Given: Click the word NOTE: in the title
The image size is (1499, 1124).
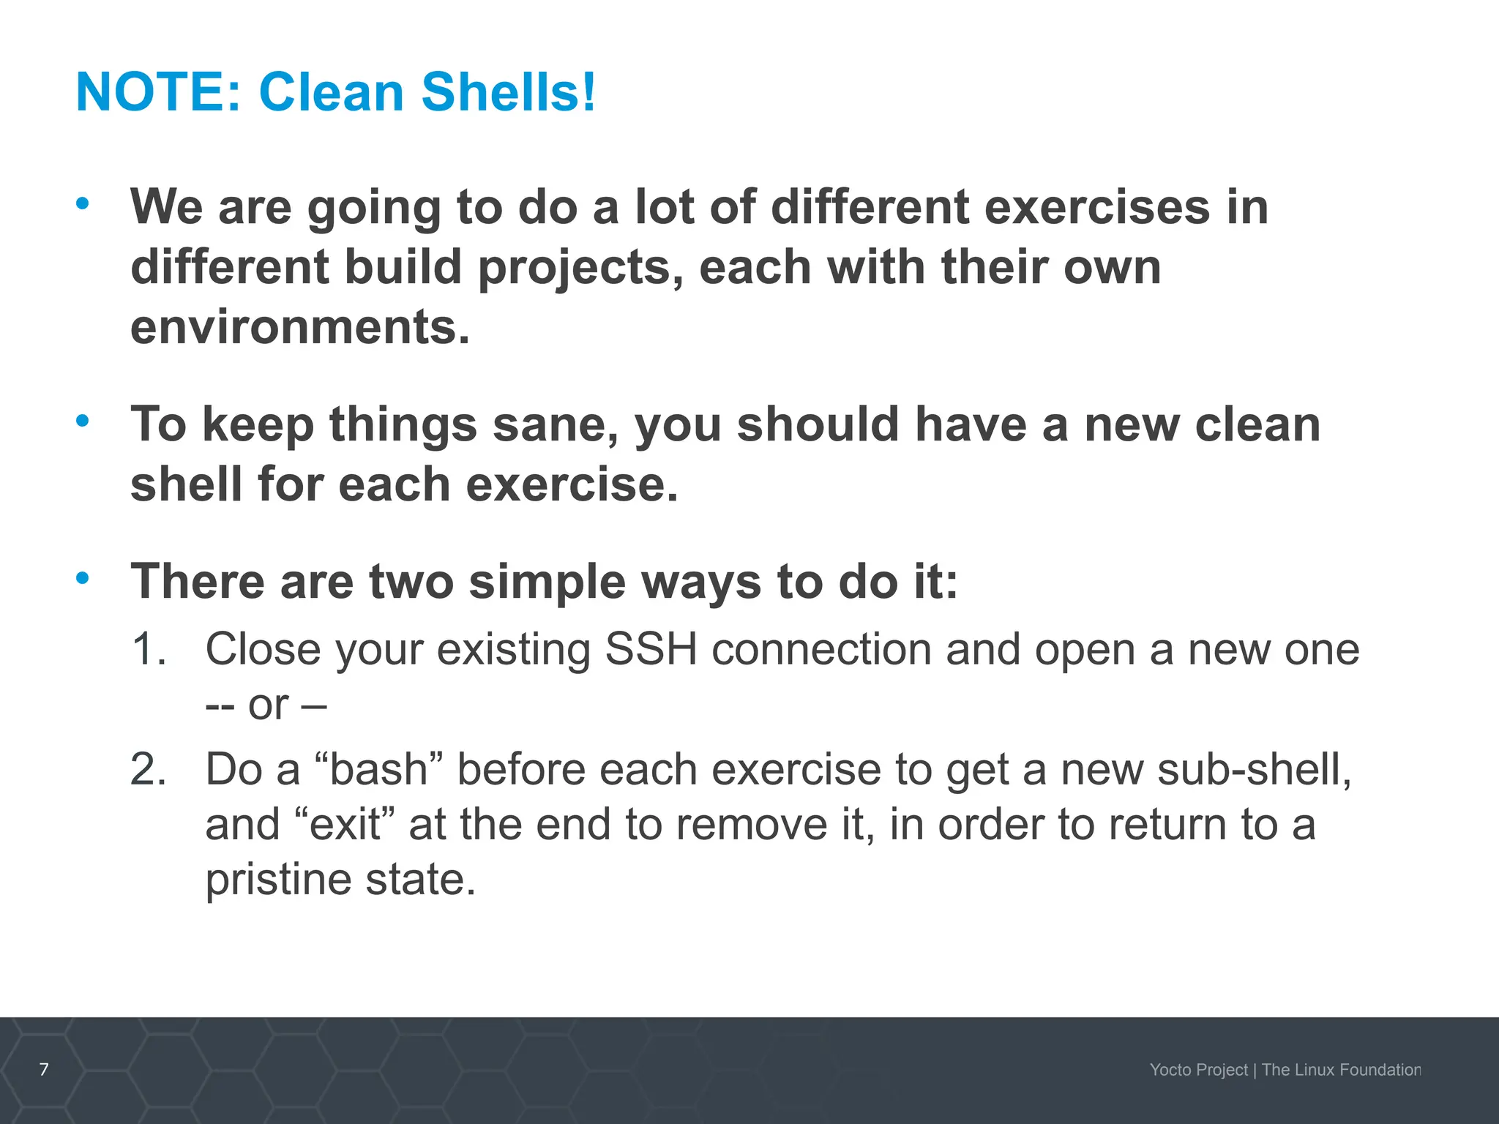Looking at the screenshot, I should coord(158,93).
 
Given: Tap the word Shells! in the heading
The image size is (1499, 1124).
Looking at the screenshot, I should coord(509,93).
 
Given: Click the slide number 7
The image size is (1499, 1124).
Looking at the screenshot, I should coord(44,1069).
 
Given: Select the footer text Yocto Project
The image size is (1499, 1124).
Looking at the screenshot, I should coord(1198,1070).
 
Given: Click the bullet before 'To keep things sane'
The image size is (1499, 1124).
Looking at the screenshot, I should coord(83,420).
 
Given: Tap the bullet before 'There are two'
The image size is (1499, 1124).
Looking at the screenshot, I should coord(83,577).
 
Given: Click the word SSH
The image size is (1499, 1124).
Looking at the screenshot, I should coord(651,649).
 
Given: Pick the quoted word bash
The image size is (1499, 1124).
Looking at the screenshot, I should coord(378,770).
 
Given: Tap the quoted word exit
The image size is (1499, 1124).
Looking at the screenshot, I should coord(344,825).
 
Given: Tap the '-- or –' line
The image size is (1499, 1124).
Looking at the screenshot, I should coord(266,705).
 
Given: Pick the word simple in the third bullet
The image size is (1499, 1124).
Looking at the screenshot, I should coord(547,582).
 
